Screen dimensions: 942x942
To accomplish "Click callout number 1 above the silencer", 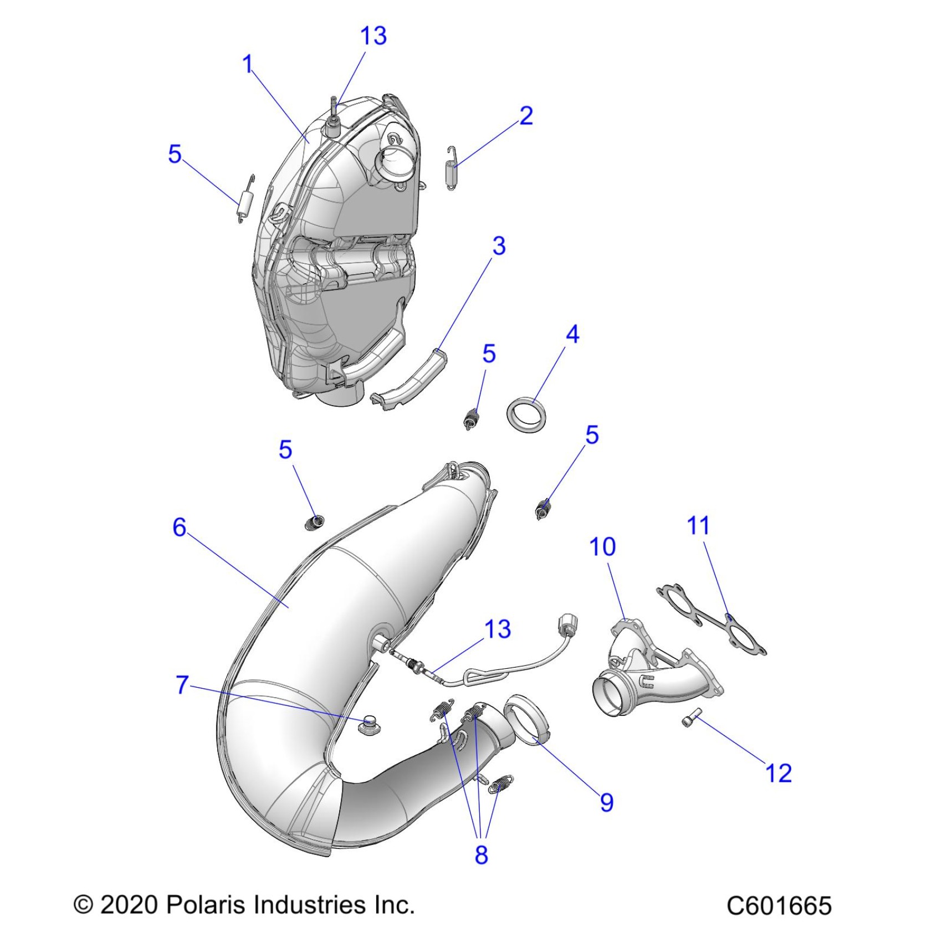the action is coord(248,64).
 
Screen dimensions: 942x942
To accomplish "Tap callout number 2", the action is coord(526,116).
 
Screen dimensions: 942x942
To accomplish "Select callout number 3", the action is coord(499,246).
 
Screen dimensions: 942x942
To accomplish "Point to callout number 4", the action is coord(572,335).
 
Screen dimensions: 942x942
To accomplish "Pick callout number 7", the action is coord(182,685).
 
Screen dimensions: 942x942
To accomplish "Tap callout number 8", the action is coord(481,854).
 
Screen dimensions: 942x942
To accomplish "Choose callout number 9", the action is coord(607,802).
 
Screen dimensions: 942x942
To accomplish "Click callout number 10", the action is coord(602,547).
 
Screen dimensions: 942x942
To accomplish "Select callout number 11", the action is coord(698,525).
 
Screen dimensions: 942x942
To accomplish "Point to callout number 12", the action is coord(778,773).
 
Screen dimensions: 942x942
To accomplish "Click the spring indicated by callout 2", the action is coord(452,169).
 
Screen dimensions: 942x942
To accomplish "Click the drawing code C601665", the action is coord(779,906).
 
